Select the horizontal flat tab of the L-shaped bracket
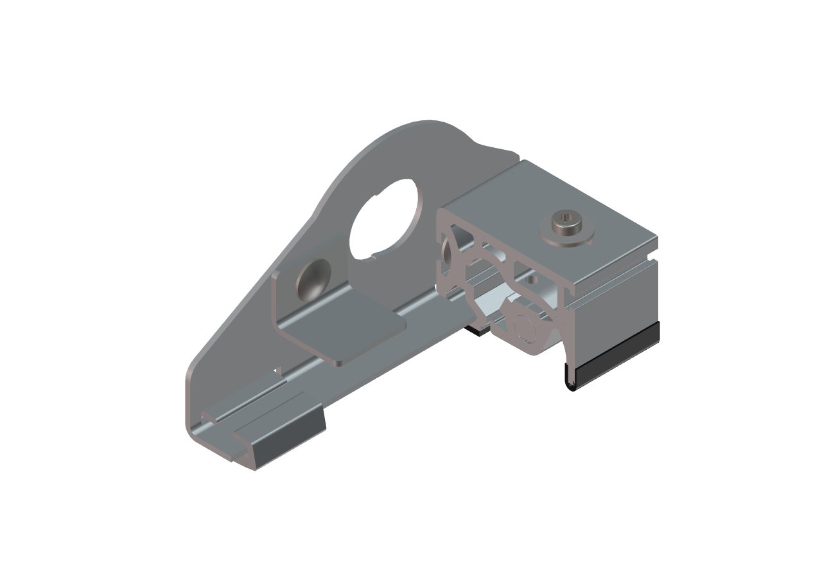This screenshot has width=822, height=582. pos(356,332)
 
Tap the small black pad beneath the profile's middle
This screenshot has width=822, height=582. pos(476,331)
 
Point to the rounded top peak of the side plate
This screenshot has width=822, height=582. pos(424,123)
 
